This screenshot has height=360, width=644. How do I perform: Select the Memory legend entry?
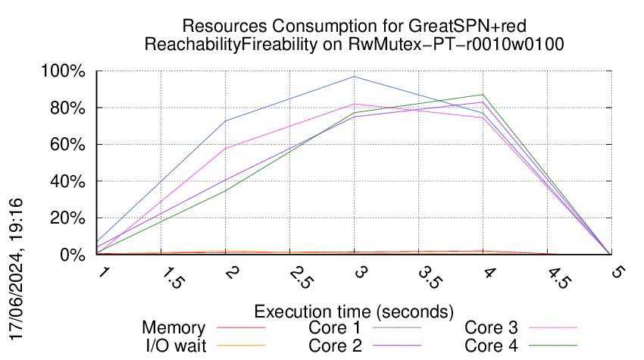(x=174, y=328)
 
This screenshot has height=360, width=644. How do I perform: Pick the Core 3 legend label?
(x=491, y=328)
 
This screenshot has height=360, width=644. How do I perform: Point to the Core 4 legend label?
(x=491, y=346)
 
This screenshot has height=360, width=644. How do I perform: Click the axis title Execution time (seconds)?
(x=354, y=311)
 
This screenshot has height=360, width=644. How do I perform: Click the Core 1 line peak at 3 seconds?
(x=354, y=77)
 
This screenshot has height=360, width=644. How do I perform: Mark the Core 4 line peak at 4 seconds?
(x=483, y=95)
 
